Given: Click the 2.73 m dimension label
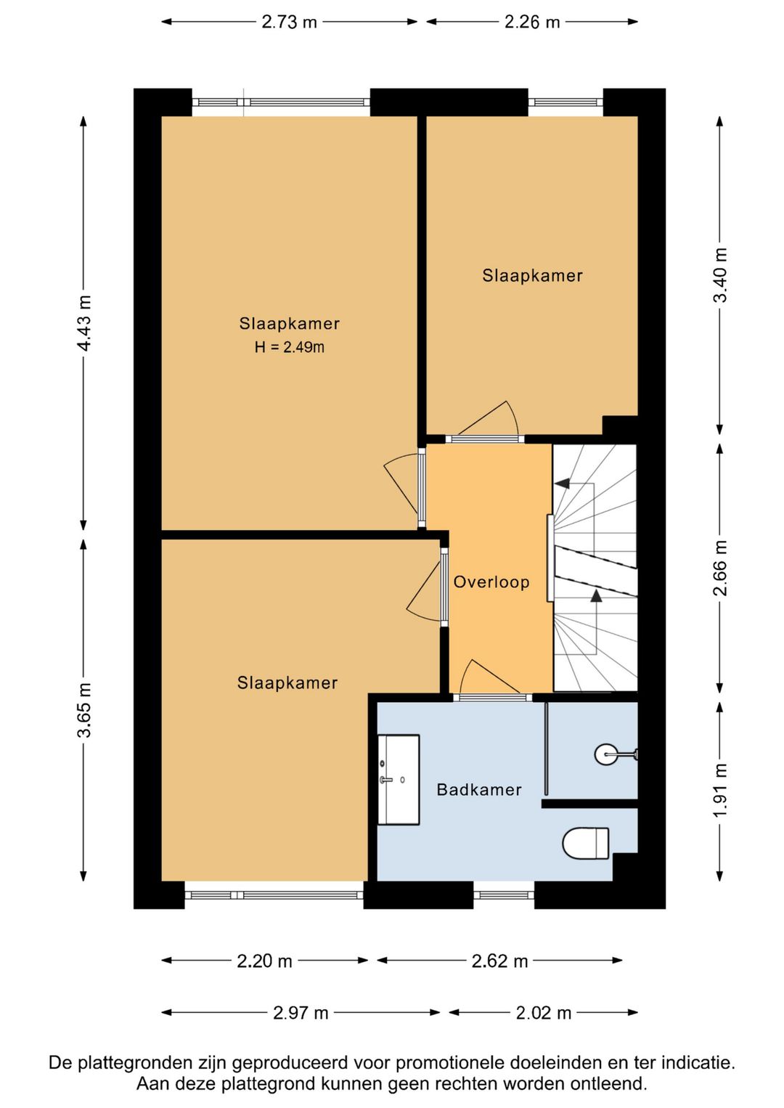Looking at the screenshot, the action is click(x=289, y=23).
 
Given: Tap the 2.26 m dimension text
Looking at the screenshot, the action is click(x=531, y=23).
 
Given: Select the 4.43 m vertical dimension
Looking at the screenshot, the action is click(x=83, y=323).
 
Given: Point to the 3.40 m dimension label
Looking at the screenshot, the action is click(x=721, y=274).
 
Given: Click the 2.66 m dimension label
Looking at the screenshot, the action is click(x=721, y=568).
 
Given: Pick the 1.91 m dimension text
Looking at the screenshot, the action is click(x=721, y=791).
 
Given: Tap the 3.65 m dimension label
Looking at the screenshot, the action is click(x=83, y=709).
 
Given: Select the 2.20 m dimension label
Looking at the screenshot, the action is click(x=265, y=961).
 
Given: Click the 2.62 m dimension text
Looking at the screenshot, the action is click(x=499, y=961).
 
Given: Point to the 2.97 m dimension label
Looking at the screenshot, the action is click(x=301, y=1013).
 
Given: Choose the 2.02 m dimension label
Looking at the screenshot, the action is click(x=544, y=1013).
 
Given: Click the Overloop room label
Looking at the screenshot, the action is click(x=491, y=582).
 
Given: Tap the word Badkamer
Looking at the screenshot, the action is click(x=479, y=790).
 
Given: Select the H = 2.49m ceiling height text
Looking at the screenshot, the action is click(x=290, y=347).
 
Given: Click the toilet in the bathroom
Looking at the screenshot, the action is click(x=586, y=844).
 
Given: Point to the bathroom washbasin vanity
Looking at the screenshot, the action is click(x=399, y=780).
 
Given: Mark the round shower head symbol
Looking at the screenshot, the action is click(x=605, y=754).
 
